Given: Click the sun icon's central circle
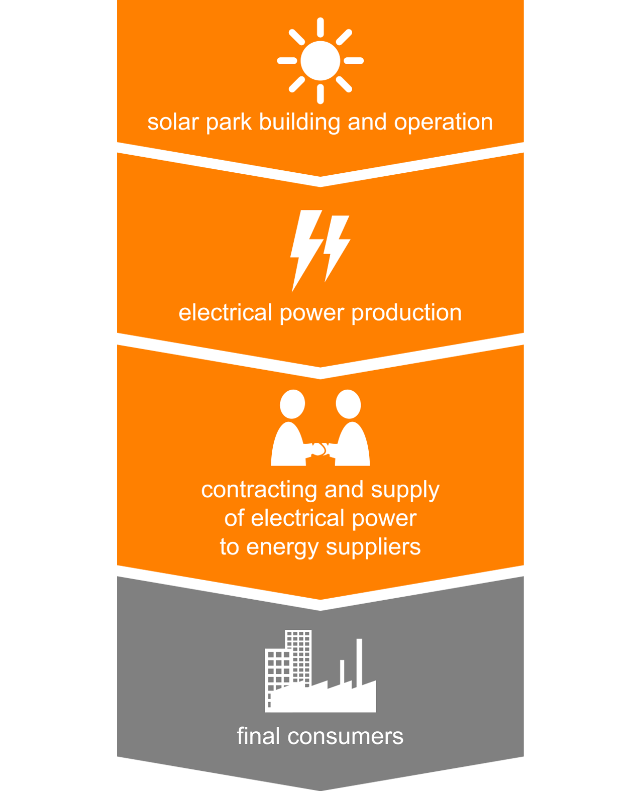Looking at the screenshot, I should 320,61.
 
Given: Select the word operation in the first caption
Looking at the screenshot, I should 444,122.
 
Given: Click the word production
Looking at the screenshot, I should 406,312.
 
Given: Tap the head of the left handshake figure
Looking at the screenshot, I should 292,404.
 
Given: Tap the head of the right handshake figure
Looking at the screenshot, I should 348,404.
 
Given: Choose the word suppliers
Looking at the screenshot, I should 373,547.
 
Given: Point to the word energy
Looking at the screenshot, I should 282,547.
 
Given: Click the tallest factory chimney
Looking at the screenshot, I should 359,660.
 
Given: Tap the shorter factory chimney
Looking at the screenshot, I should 342,671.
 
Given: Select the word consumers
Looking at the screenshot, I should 346,737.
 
